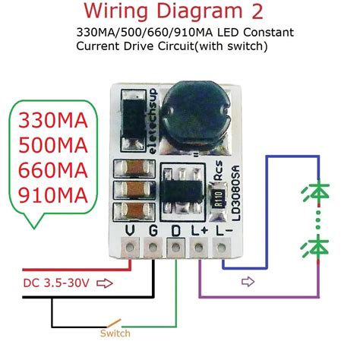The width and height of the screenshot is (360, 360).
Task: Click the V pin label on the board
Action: [131, 231]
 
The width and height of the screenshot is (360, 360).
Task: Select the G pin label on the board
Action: [154, 231]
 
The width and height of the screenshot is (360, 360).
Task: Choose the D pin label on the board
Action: [176, 231]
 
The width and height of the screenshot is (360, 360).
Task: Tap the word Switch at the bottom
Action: [115, 333]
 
